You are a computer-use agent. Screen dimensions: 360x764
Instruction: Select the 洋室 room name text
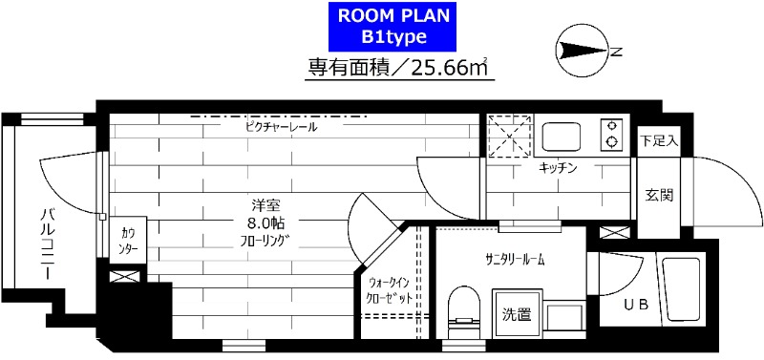click(265, 204)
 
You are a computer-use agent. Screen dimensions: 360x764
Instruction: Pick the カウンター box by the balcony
click(128, 240)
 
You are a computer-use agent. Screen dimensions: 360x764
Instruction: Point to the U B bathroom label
click(635, 306)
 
